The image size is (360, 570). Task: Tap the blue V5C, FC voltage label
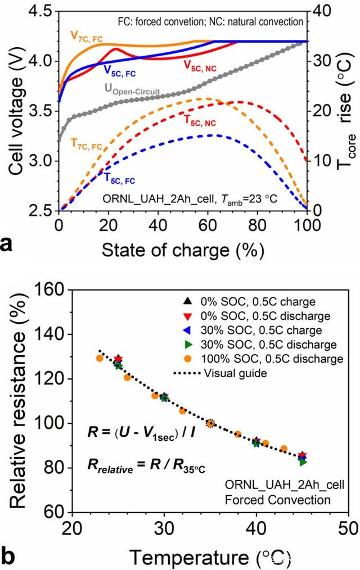click(119, 71)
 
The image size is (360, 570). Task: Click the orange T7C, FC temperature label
click(87, 144)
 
